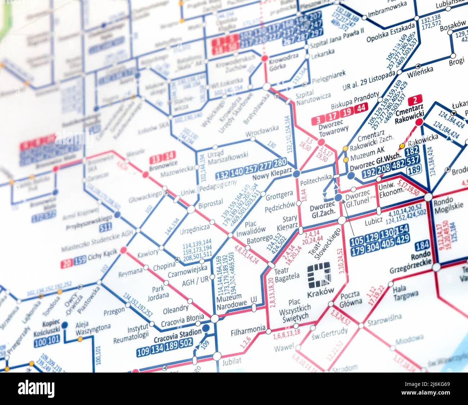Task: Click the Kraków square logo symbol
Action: [319, 275]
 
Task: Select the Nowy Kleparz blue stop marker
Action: [296, 174]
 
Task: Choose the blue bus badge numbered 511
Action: [105, 227]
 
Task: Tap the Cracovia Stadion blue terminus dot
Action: [206, 328]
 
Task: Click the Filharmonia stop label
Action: [248, 331]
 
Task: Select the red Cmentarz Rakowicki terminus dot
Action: [419, 123]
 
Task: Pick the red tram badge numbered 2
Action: [417, 100]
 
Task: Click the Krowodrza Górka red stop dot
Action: [265, 58]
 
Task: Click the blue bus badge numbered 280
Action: [280, 163]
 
